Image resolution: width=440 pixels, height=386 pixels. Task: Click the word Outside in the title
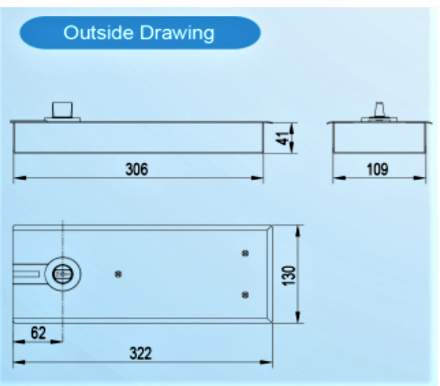tap(95, 32)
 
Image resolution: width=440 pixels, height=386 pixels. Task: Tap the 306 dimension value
tap(137, 169)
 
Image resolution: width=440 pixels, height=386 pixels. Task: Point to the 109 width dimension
tap(377, 169)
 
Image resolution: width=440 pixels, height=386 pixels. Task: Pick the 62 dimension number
tap(38, 332)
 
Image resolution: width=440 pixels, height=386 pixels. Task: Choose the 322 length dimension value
tap(140, 353)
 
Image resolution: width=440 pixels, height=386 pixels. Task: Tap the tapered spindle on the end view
tap(380, 110)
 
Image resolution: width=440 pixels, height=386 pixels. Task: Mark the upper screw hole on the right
tap(246, 252)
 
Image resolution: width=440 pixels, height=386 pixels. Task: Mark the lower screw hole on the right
tap(246, 294)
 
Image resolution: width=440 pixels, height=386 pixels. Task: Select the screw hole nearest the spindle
tap(118, 273)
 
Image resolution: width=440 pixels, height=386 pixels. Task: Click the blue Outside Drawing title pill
tap(139, 32)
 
